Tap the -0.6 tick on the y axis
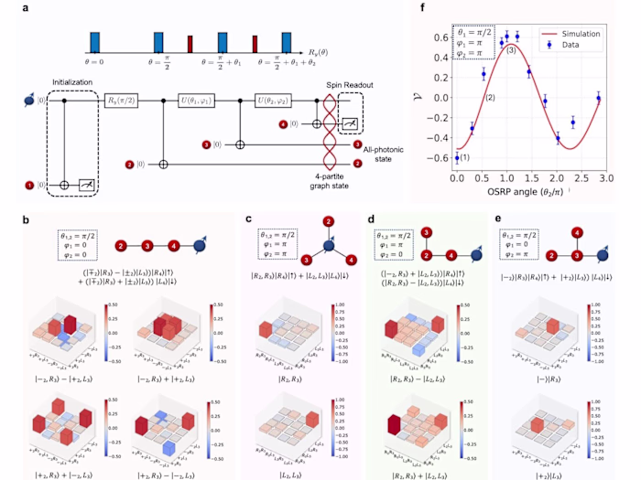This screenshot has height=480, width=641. [x=440, y=166]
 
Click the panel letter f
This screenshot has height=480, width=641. [x=424, y=7]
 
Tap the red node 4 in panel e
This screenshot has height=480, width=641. [x=574, y=233]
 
